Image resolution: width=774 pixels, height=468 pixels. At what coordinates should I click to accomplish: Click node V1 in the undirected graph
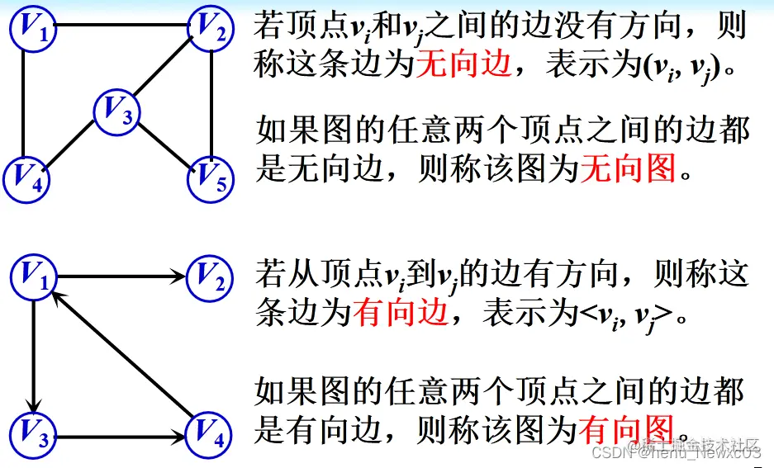point(34,29)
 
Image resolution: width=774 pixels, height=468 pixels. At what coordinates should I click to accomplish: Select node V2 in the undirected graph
point(212,29)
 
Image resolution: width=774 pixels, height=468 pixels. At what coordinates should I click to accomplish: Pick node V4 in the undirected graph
point(28,176)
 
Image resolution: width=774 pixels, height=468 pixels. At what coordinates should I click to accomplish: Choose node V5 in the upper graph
point(212,176)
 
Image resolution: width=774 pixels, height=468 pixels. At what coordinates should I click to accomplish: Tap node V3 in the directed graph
point(34,435)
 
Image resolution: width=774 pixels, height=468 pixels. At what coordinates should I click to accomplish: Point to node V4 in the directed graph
point(212,435)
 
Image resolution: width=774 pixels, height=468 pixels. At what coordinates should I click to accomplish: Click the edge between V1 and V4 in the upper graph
point(22,103)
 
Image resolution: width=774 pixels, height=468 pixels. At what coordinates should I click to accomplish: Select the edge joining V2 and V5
point(214,103)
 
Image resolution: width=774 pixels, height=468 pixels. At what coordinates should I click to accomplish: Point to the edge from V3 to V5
point(165,142)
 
